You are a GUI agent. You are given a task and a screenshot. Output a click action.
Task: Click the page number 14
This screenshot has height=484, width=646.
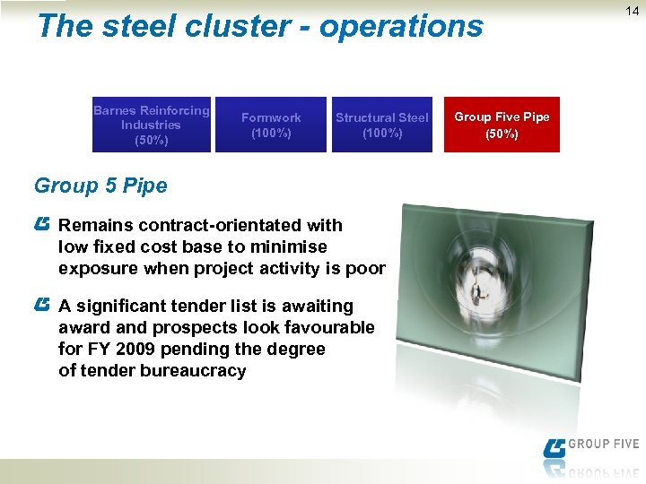pyautogui.click(x=633, y=12)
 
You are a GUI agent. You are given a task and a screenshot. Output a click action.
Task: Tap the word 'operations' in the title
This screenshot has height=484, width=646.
pyautogui.click(x=401, y=27)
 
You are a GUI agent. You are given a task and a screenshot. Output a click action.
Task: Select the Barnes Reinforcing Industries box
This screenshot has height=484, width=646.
pyautogui.click(x=152, y=125)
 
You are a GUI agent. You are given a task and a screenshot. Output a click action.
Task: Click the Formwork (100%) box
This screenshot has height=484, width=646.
pyautogui.click(x=271, y=125)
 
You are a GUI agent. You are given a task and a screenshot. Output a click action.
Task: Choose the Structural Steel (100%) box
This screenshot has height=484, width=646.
pyautogui.click(x=382, y=125)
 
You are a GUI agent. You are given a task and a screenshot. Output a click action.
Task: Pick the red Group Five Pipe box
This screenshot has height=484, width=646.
pyautogui.click(x=502, y=125)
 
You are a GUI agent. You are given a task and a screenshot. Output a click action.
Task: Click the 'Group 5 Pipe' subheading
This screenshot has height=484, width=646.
pyautogui.click(x=100, y=186)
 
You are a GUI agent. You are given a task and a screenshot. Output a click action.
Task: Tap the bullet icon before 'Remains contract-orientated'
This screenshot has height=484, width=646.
pyautogui.click(x=43, y=221)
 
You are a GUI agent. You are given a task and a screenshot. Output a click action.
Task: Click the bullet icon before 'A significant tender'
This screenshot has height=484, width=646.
pyautogui.click(x=43, y=305)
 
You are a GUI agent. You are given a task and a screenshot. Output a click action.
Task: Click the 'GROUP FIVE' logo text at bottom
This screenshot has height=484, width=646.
pyautogui.click(x=604, y=445)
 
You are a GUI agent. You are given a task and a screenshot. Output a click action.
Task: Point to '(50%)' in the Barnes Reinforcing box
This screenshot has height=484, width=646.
pyautogui.click(x=151, y=140)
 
